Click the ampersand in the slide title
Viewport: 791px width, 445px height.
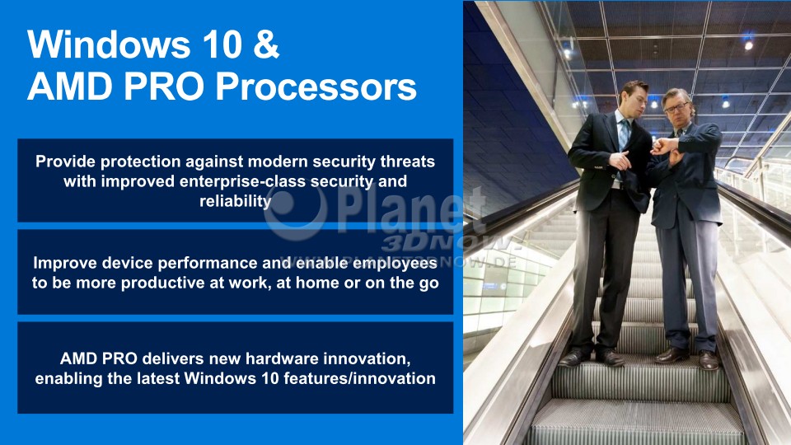click(266, 44)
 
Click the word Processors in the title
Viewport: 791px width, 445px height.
click(316, 87)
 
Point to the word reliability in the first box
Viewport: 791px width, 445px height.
click(236, 201)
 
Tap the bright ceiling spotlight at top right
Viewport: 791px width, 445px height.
click(749, 44)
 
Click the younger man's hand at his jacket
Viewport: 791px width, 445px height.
click(620, 161)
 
